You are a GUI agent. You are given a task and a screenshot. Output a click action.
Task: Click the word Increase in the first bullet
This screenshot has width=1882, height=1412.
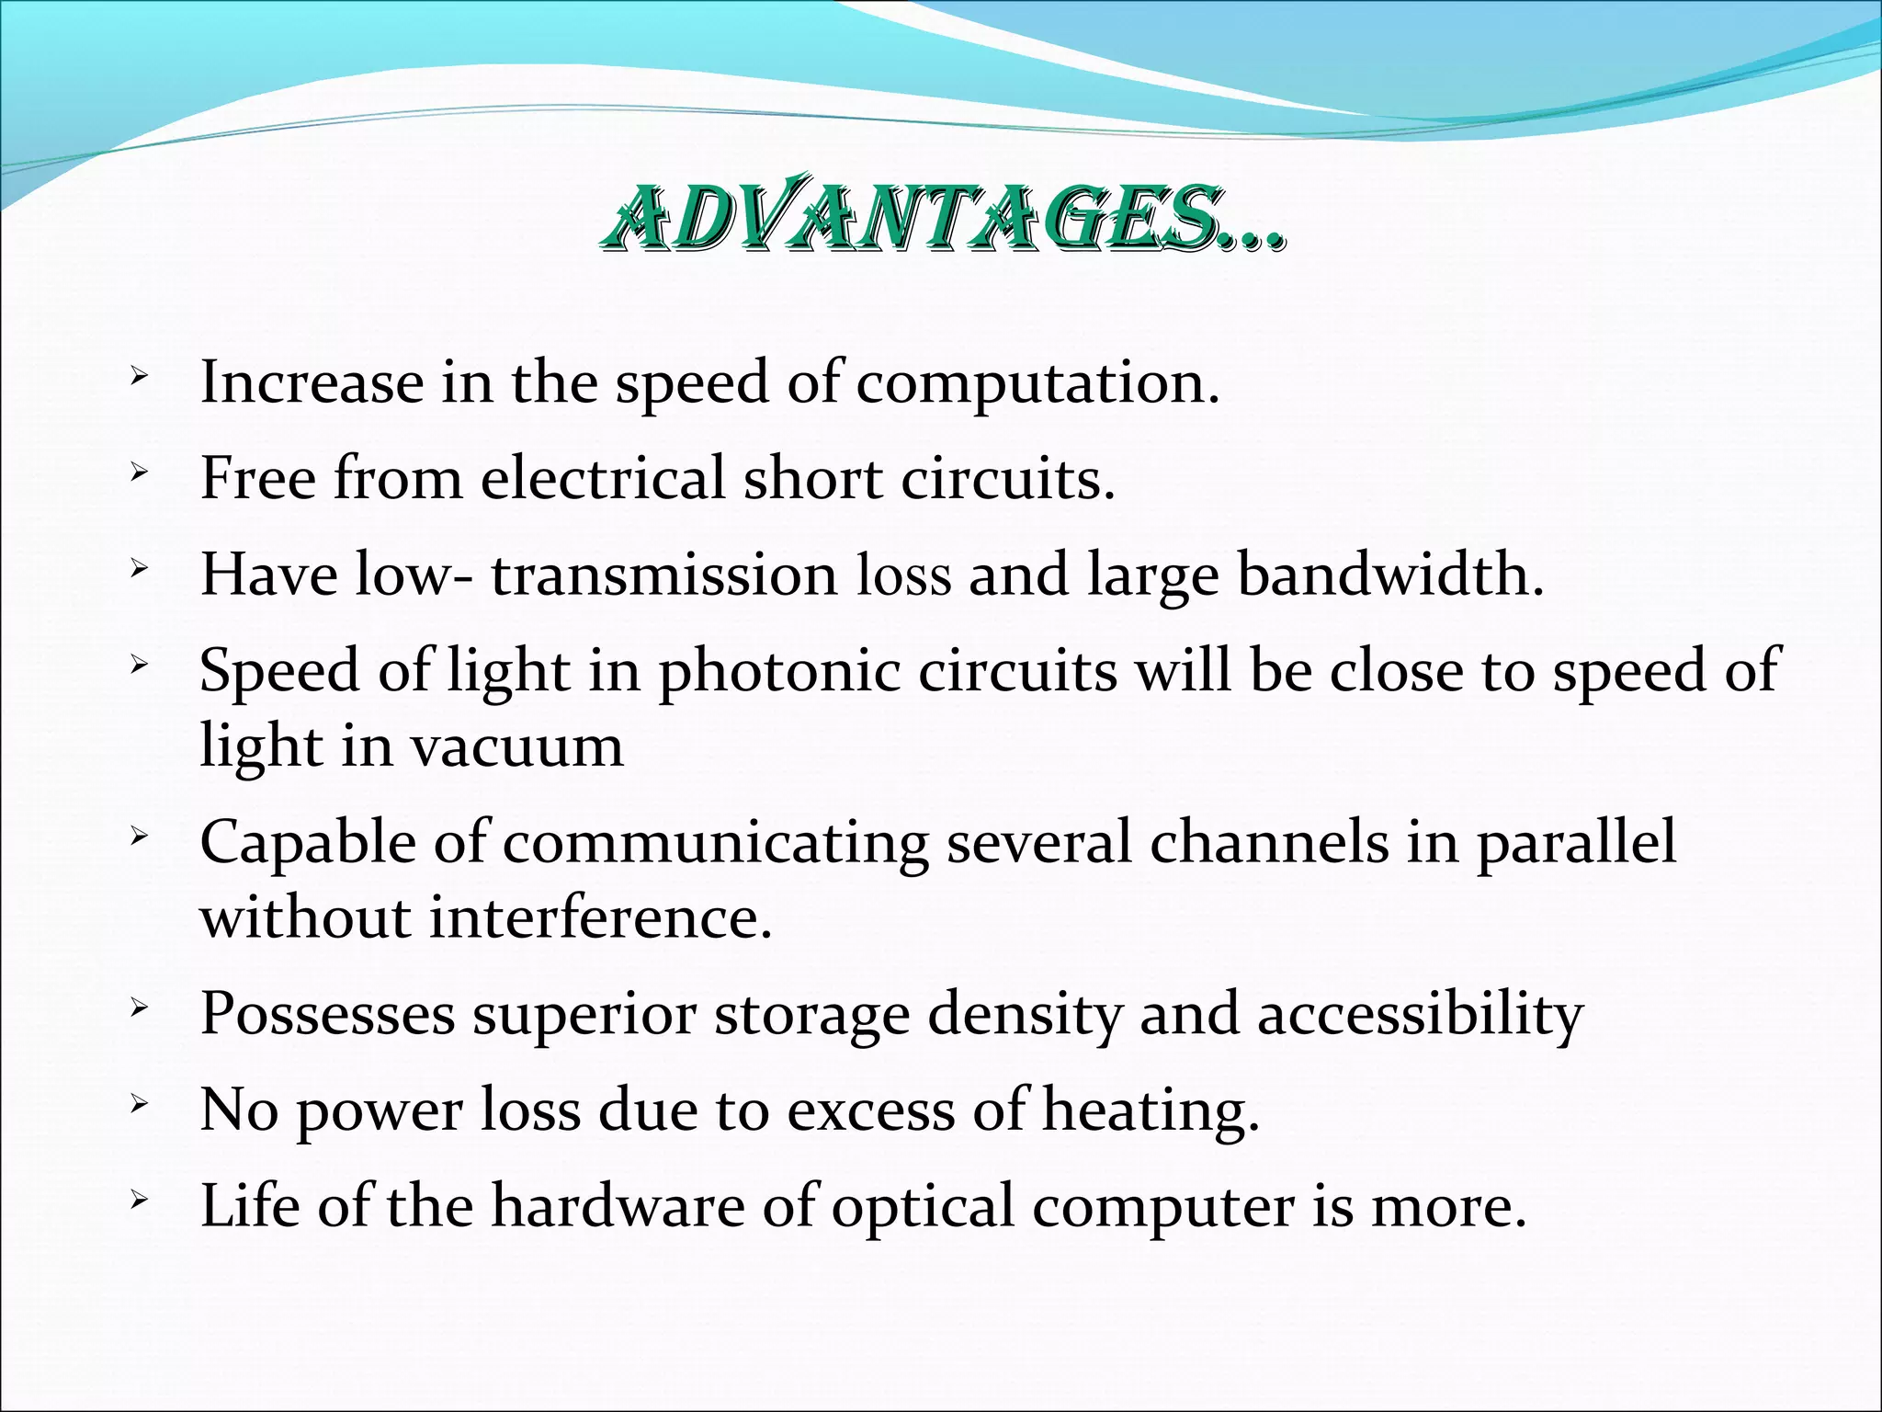312,381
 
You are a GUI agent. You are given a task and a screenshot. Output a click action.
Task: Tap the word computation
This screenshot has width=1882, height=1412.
1037,383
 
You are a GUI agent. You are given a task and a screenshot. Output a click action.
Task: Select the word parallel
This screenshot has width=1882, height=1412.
1576,842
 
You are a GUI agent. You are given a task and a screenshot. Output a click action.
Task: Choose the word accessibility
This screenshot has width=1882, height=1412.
1420,1016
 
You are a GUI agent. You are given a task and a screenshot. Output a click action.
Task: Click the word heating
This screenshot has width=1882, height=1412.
1150,1111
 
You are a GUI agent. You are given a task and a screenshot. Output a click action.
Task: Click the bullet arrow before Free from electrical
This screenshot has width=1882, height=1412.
139,473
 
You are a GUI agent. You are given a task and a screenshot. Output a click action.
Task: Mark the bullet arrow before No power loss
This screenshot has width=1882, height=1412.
139,1103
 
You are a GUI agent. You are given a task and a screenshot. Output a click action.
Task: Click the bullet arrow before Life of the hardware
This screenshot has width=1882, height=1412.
139,1199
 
